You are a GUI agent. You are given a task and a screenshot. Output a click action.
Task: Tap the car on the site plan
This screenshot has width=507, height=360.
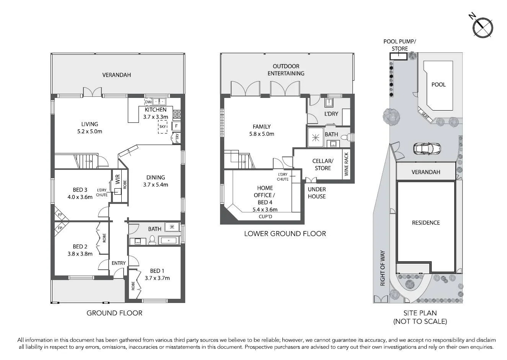pyautogui.click(x=427, y=149)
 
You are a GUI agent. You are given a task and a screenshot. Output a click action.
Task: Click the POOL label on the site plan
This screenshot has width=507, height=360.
pyautogui.click(x=439, y=85)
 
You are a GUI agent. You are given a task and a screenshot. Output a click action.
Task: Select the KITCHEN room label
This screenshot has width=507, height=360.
pyautogui.click(x=155, y=110)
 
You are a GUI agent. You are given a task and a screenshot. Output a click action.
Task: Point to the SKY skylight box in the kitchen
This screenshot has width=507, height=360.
pyautogui.click(x=163, y=127)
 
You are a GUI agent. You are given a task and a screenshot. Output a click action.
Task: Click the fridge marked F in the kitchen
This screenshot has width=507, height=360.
pyautogui.click(x=176, y=126)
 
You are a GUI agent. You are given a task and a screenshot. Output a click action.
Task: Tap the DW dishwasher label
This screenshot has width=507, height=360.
pyautogui.click(x=148, y=102)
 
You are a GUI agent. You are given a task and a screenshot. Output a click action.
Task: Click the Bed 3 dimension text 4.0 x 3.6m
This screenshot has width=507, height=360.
pyautogui.click(x=80, y=197)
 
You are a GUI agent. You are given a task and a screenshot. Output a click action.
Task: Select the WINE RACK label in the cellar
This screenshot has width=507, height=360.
pyautogui.click(x=346, y=164)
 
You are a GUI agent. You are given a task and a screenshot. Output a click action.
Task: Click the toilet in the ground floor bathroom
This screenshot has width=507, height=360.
pyautogui.click(x=152, y=240)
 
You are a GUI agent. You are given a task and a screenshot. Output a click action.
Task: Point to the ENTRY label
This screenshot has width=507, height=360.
pyautogui.click(x=119, y=263)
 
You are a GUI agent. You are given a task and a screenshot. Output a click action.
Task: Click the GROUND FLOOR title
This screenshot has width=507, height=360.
pyautogui.click(x=114, y=313)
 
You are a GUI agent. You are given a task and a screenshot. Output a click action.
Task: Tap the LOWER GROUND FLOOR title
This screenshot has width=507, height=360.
pyautogui.click(x=285, y=233)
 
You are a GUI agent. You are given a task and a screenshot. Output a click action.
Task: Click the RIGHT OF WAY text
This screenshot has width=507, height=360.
pyautogui.click(x=383, y=268)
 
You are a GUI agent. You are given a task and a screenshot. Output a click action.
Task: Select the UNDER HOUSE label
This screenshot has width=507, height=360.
pyautogui.click(x=317, y=193)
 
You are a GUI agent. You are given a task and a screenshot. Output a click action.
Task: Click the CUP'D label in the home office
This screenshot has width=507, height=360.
pyautogui.click(x=265, y=217)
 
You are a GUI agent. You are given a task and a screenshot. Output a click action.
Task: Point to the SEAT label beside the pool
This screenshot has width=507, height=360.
pyautogui.click(x=425, y=116)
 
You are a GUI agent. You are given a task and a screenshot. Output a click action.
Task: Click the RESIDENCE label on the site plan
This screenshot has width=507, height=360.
pyautogui.click(x=426, y=223)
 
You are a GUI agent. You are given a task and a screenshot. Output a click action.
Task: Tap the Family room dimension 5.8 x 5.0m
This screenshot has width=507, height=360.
pyautogui.click(x=262, y=134)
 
